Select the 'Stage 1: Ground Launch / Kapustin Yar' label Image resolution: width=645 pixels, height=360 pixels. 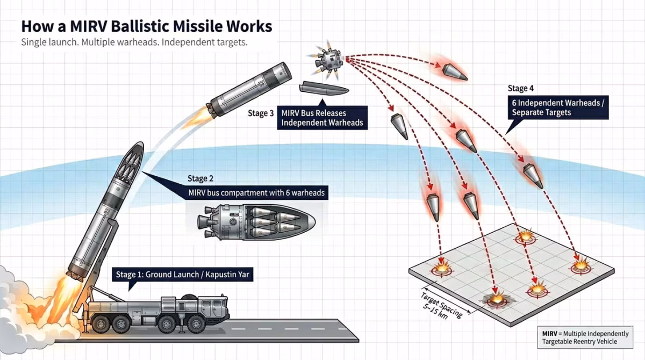click(183, 275)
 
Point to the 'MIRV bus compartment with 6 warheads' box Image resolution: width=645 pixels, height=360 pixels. click(257, 192)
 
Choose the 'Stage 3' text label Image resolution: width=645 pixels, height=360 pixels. click(261, 113)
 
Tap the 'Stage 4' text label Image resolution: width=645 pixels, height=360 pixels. click(521, 89)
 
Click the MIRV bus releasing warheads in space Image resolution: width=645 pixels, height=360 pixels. click(327, 58)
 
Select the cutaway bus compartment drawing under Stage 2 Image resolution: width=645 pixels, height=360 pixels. click(253, 221)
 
